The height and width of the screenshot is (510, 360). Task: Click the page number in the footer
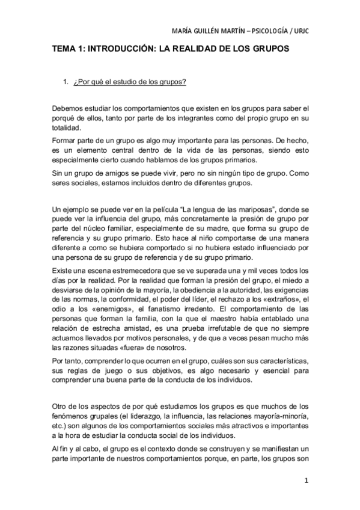coord(306,481)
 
